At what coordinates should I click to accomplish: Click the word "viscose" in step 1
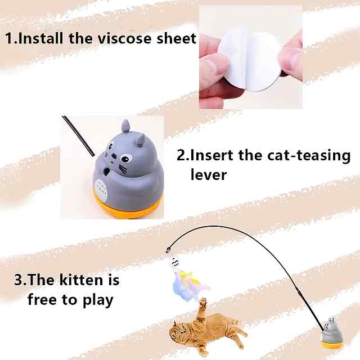pyautogui.click(x=124, y=38)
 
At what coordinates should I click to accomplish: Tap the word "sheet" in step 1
pyautogui.click(x=176, y=38)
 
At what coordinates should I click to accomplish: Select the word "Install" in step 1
pyautogui.click(x=40, y=38)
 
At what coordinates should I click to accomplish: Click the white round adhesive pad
pyautogui.click(x=249, y=61)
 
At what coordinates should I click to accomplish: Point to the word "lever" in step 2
pyautogui.click(x=209, y=175)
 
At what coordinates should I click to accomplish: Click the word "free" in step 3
pyautogui.click(x=42, y=299)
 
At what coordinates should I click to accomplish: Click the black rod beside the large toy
pyautogui.click(x=78, y=136)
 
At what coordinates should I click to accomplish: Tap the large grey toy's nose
pyautogui.click(x=114, y=157)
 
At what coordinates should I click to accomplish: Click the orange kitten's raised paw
pyautogui.click(x=203, y=303)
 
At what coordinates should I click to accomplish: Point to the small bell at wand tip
pyautogui.click(x=168, y=251)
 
